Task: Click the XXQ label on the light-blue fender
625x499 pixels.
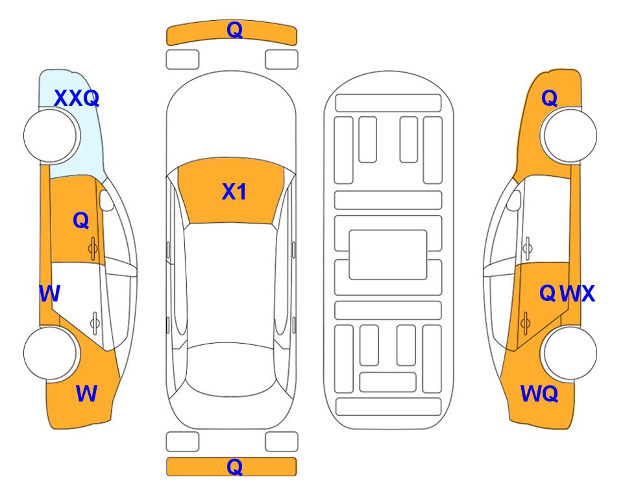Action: click(x=77, y=98)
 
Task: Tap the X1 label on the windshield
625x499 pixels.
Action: click(x=234, y=192)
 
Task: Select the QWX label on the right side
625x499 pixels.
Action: click(x=567, y=294)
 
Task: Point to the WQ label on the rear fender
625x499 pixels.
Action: click(x=539, y=394)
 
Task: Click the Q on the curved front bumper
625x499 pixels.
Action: click(x=234, y=30)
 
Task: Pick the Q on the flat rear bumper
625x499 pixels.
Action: click(x=234, y=467)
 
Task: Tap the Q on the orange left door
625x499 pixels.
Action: click(x=81, y=220)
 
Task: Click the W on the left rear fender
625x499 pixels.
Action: click(x=86, y=394)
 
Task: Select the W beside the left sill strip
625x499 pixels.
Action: click(x=49, y=294)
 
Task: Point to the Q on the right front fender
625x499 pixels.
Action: click(x=549, y=98)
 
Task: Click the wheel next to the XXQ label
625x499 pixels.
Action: click(x=51, y=136)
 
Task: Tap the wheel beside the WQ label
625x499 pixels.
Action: click(x=570, y=353)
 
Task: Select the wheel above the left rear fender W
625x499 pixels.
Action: click(x=51, y=353)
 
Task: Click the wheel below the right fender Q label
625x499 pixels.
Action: click(x=570, y=136)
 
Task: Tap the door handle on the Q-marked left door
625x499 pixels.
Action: click(x=93, y=248)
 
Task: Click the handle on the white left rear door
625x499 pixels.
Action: click(x=95, y=323)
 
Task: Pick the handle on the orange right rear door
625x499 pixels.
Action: click(x=526, y=323)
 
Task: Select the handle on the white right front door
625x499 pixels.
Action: click(x=528, y=248)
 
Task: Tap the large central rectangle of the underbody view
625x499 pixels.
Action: click(x=388, y=255)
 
